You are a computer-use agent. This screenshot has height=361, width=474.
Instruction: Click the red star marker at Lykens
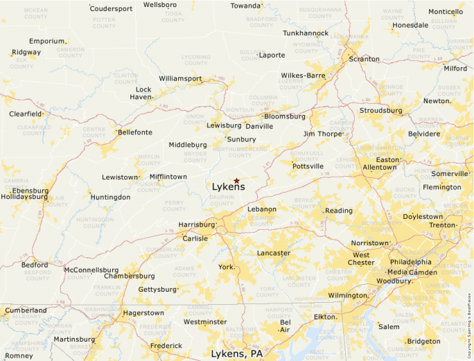[x=236, y=180]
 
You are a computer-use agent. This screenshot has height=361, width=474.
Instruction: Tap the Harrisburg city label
[x=197, y=224]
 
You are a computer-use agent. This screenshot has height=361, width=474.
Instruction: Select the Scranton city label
[x=365, y=59]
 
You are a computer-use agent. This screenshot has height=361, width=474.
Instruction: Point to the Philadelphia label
[x=410, y=262]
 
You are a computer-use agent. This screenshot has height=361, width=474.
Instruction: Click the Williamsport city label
[x=180, y=78]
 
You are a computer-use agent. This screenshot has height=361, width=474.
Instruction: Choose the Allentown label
[x=380, y=168]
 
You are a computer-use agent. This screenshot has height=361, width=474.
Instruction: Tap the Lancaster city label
[x=274, y=253]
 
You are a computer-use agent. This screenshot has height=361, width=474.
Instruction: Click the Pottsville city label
[x=308, y=166]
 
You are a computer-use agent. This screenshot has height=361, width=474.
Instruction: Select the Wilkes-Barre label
[x=303, y=75]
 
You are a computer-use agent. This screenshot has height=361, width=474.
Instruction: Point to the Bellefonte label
[x=134, y=132]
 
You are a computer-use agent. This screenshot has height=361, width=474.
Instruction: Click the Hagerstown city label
[x=143, y=312]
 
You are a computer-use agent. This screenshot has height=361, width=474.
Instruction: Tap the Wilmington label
[x=347, y=295]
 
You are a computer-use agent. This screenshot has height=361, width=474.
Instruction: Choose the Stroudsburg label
[x=380, y=110]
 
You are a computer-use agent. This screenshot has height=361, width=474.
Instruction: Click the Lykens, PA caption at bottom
[x=237, y=353]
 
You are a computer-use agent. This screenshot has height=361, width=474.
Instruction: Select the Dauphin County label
[x=222, y=200]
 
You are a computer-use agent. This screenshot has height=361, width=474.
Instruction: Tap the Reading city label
[x=339, y=211]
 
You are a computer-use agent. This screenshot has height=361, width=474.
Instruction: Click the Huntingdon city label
[x=110, y=197]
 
